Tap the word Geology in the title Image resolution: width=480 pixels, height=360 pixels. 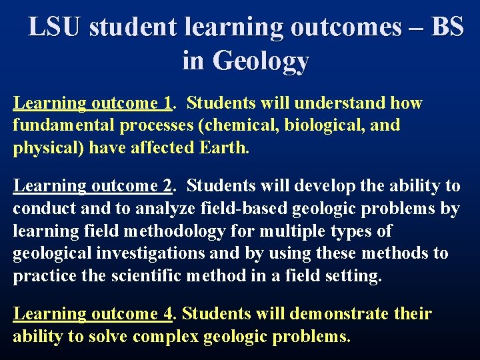[261, 61]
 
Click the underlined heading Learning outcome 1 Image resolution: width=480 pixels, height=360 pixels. [93, 103]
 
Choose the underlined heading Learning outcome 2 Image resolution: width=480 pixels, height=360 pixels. [93, 187]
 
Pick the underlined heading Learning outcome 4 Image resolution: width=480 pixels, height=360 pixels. [93, 314]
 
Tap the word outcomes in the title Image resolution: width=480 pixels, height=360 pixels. [346, 27]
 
